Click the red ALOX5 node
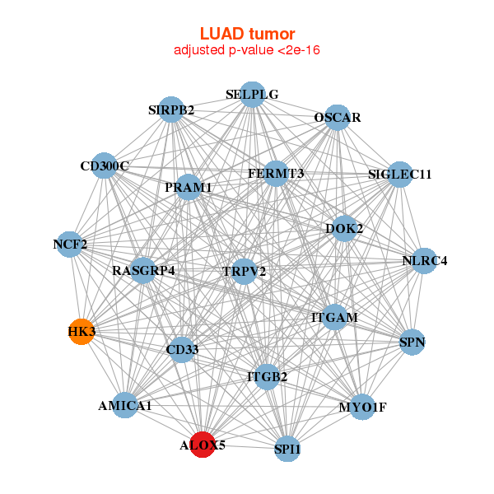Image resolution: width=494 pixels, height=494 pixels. point(203,445)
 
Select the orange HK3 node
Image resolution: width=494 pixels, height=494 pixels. point(81,332)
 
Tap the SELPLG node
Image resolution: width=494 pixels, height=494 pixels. point(253,95)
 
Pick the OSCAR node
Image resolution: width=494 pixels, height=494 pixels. point(337,118)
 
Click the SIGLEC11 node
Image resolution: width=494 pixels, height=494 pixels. point(399,175)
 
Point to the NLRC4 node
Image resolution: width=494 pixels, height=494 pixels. point(425,261)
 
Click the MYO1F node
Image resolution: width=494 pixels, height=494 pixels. point(362,407)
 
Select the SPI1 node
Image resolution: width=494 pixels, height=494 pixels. point(287,449)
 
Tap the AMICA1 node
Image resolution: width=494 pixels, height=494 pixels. point(124,405)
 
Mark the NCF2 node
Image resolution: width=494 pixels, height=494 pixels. point(71,245)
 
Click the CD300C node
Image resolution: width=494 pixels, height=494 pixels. point(104,166)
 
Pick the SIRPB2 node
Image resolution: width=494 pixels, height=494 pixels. point(171,110)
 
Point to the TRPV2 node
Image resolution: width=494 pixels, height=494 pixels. point(244,271)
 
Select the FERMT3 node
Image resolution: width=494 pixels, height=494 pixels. point(276,174)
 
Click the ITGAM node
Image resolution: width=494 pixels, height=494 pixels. point(334,317)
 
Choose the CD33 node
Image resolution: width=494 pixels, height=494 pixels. point(181,351)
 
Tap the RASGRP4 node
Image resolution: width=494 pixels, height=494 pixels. point(143,270)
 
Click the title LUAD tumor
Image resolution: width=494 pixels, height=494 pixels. point(247,34)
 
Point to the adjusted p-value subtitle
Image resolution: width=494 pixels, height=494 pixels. point(247,50)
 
